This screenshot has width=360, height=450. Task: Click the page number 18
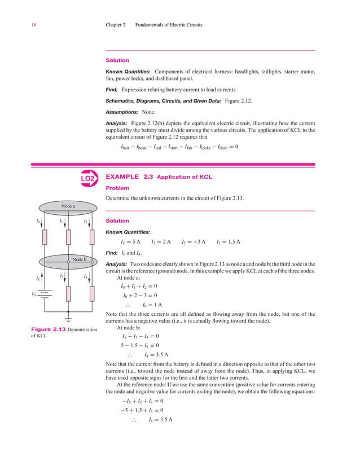click(17, 25)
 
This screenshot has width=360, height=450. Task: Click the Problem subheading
click(117, 188)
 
